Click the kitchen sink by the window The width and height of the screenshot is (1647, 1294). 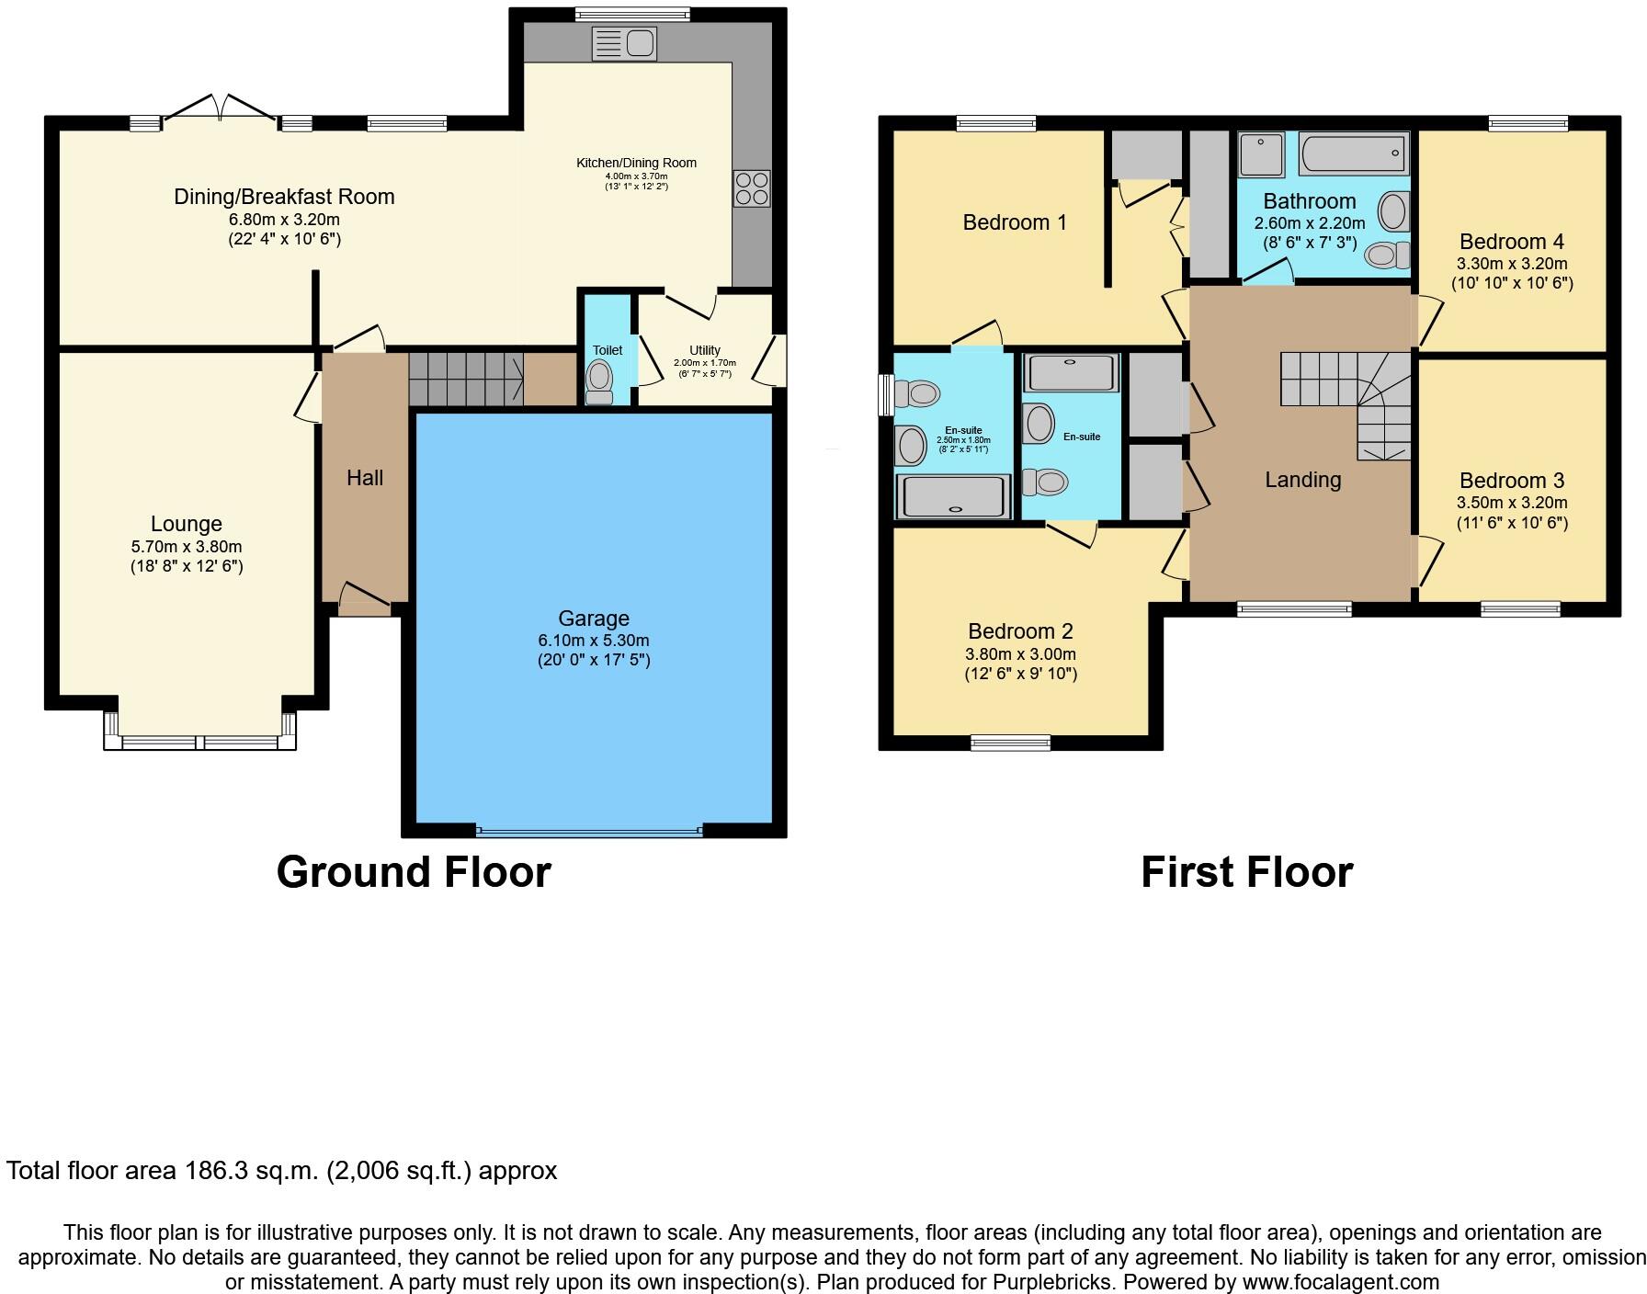click(625, 43)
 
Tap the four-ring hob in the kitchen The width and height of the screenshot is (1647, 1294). click(751, 188)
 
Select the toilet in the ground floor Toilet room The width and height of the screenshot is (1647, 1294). click(600, 380)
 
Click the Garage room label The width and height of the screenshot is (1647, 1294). click(594, 619)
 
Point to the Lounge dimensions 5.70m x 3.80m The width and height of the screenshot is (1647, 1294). click(187, 546)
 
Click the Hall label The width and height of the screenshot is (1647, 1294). click(365, 478)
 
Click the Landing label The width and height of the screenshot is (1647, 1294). click(1302, 480)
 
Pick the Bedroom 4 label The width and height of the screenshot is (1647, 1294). click(1512, 242)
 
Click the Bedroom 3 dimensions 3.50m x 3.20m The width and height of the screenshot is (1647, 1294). click(1512, 503)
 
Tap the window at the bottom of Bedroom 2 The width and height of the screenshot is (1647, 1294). click(1011, 743)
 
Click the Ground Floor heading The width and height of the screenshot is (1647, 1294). click(414, 872)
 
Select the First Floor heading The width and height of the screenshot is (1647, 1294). click(1247, 872)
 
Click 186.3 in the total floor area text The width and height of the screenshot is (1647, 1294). click(217, 1171)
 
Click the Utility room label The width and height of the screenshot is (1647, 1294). click(705, 350)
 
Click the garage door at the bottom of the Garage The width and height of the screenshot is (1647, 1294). click(589, 832)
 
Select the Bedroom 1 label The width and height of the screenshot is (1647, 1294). click(1015, 222)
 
